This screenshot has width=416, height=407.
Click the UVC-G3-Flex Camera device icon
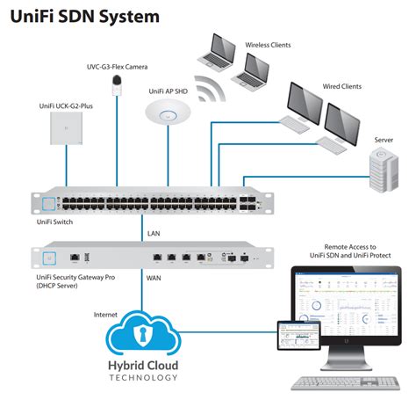tap(117, 85)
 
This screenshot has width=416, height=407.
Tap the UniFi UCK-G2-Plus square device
tap(66, 128)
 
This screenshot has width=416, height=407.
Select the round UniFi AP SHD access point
tap(168, 113)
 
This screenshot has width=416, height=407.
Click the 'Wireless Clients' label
tap(268, 45)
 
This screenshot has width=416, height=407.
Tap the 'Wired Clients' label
tap(342, 86)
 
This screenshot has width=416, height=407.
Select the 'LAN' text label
tap(154, 234)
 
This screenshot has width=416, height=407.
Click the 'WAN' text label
tap(154, 278)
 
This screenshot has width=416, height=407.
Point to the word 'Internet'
tap(105, 315)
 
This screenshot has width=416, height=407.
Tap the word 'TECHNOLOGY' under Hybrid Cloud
tap(143, 378)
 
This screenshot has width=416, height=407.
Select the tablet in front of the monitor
tap(299, 336)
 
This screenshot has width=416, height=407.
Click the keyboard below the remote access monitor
tap(346, 383)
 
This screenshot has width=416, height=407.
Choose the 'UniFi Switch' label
tap(54, 222)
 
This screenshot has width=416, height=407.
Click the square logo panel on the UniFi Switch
tap(48, 204)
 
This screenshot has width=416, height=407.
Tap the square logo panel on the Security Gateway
tap(49, 258)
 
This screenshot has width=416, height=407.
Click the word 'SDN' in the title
tap(77, 17)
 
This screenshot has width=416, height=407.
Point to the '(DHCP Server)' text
tap(57, 286)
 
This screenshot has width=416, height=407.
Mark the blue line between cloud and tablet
tap(227, 332)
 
